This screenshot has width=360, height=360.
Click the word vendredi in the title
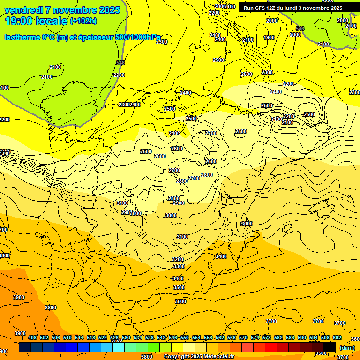coord(24,10)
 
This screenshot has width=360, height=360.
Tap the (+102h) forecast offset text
coord(84,21)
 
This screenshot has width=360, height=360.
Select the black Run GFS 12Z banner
coord(293,8)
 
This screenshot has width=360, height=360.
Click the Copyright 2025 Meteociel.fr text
coord(199,357)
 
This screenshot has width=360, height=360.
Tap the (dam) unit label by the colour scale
coord(347,347)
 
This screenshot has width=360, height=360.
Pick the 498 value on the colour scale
coord(32,338)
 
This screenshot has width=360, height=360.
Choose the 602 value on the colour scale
coord(337,338)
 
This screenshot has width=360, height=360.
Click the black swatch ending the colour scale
coord(330,347)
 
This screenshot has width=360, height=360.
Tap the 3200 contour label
coord(178,259)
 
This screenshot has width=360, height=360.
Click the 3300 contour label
coord(179,266)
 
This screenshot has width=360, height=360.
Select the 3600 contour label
coord(180,301)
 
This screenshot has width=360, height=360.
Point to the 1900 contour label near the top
coord(269,38)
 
